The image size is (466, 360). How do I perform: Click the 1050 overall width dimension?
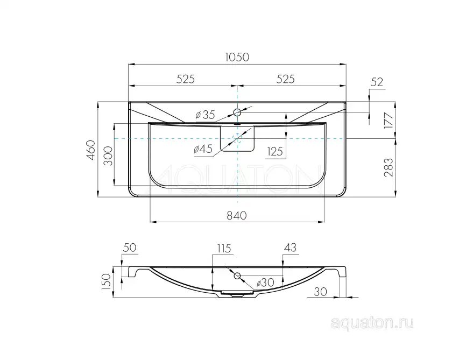237,57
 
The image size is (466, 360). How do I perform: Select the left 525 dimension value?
186,79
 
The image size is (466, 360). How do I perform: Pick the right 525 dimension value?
285,79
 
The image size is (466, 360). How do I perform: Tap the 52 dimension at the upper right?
377,82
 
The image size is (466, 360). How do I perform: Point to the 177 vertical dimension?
389,120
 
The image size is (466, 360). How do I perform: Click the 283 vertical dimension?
389,167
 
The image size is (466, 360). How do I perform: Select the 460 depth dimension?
91,150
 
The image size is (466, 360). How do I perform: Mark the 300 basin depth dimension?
109,156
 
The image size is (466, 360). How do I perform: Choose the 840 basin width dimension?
237,216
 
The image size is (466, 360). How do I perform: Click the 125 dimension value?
275,152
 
